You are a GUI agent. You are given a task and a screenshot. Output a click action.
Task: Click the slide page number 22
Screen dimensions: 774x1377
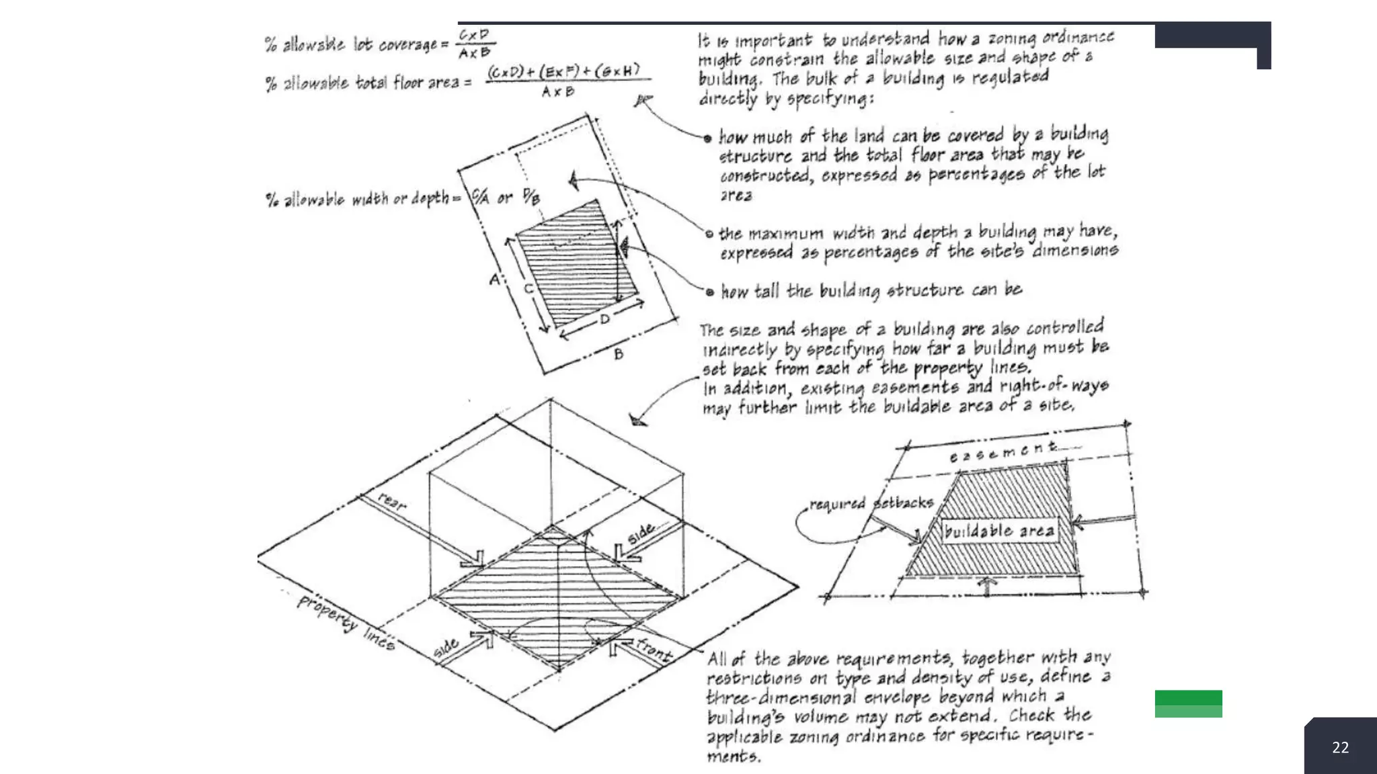point(1340,747)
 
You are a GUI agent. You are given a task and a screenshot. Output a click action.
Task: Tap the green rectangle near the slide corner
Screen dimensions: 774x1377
point(1188,703)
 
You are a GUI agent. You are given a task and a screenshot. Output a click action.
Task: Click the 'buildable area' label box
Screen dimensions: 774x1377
point(999,531)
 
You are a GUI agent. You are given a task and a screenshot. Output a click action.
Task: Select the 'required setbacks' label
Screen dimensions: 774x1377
point(871,503)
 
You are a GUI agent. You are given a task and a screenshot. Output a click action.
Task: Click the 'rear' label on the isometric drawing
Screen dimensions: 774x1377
point(392,501)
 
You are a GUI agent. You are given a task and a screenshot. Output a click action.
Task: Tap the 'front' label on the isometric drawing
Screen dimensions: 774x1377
point(654,650)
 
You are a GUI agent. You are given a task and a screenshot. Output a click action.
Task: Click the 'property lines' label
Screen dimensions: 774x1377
point(346,622)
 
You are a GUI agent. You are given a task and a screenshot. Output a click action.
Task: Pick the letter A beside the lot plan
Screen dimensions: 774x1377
point(495,279)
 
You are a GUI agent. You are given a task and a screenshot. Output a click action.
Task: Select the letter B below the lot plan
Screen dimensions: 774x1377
point(619,353)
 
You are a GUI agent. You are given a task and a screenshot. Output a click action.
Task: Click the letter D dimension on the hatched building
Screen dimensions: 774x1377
point(604,319)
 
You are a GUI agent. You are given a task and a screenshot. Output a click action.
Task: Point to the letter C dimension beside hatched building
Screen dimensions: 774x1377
point(528,289)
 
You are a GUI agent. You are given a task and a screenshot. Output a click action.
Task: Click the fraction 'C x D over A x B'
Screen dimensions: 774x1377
point(475,44)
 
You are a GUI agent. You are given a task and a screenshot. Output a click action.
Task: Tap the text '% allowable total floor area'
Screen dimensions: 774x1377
point(366,83)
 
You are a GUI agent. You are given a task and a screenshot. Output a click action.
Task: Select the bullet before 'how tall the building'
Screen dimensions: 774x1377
point(709,292)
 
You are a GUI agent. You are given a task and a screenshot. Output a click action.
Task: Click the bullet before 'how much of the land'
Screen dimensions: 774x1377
point(707,139)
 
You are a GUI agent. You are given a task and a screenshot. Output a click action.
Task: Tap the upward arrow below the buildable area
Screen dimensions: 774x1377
point(987,587)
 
